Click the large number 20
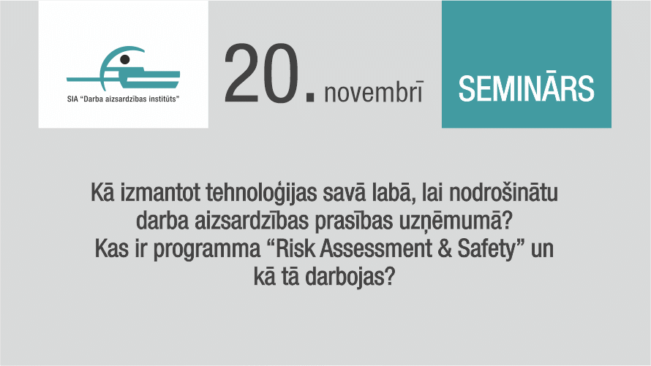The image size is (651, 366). point(262,73)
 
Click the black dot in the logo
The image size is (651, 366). point(124,59)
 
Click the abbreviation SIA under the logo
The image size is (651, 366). point(72,99)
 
